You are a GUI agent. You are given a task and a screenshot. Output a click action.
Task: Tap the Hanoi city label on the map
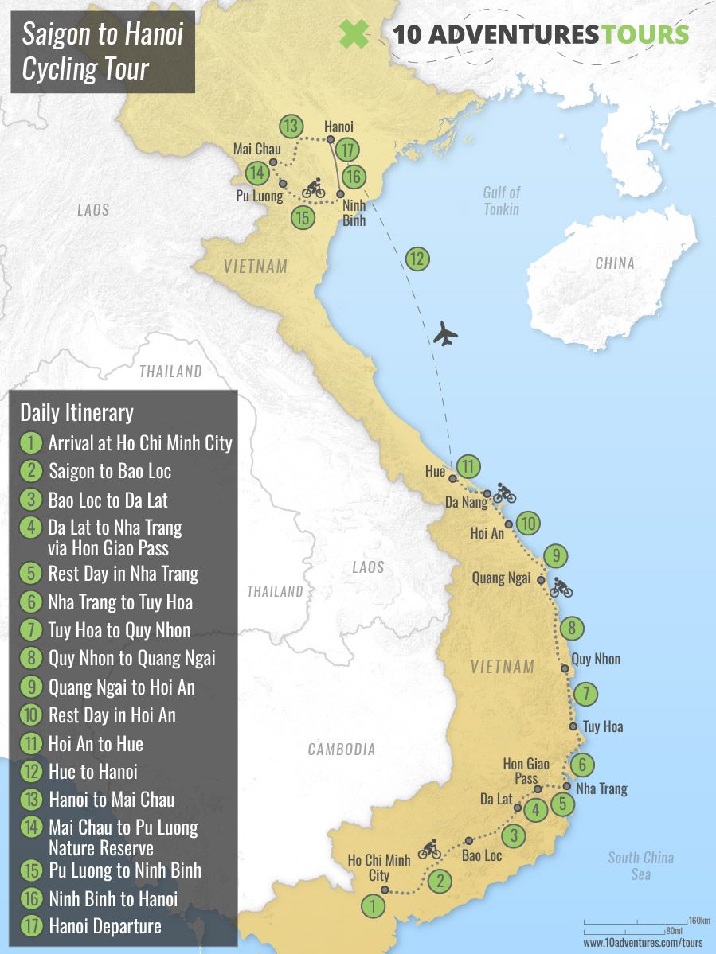click(339, 127)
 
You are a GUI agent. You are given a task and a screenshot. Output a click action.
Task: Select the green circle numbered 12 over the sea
click(417, 259)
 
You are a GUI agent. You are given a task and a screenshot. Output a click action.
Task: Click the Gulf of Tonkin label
click(501, 201)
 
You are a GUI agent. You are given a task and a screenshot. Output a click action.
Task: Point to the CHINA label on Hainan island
click(615, 263)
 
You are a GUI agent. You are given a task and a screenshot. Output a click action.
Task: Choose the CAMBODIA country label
click(341, 750)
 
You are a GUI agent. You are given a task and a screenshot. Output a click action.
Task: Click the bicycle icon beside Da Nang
click(504, 494)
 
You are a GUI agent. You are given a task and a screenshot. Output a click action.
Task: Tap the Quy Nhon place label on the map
click(596, 660)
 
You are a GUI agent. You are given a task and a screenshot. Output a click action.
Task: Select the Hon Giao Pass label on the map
click(526, 771)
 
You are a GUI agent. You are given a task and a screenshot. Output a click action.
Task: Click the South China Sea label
click(640, 866)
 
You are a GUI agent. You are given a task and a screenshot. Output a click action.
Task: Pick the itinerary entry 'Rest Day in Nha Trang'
click(123, 574)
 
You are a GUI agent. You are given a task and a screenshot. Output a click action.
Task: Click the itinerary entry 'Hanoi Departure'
click(104, 926)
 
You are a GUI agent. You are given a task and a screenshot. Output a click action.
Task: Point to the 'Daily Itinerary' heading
click(76, 413)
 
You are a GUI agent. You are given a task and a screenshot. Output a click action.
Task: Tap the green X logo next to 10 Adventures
click(354, 34)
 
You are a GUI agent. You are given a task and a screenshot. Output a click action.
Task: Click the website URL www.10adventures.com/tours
click(643, 943)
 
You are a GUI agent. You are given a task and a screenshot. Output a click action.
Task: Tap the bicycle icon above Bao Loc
click(429, 850)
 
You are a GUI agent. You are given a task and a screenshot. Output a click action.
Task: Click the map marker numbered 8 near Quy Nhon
click(571, 629)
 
